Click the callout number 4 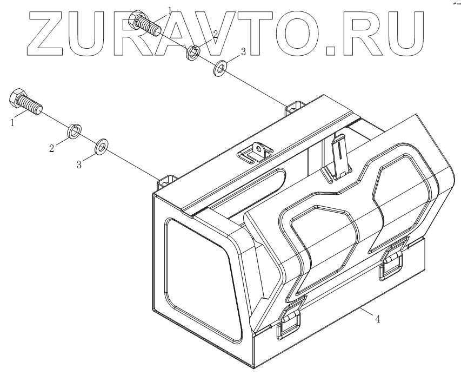[x=378, y=319]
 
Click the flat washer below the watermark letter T [x=220, y=69]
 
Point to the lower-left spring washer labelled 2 [x=75, y=130]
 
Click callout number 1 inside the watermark [x=169, y=10]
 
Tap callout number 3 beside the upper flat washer [x=243, y=51]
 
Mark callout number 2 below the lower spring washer [x=52, y=148]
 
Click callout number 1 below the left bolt [x=12, y=123]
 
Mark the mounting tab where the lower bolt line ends [x=166, y=181]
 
